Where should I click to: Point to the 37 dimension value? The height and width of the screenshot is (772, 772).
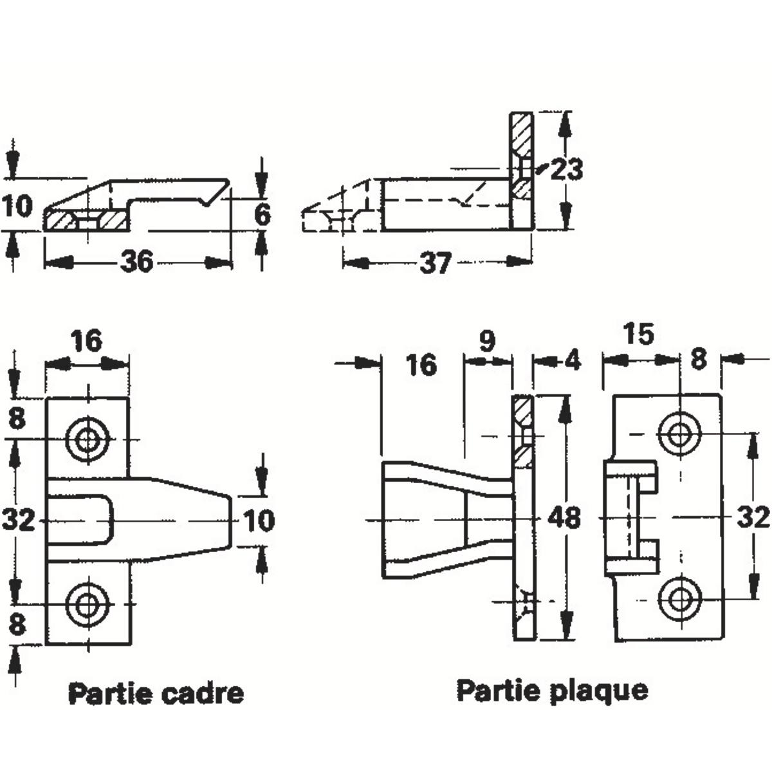point(435,262)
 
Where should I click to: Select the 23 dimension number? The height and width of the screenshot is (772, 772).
point(567,170)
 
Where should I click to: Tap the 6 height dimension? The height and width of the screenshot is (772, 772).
point(262,214)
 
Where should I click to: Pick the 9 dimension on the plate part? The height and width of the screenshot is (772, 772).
point(488,342)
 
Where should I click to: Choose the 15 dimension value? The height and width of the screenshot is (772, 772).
point(639,334)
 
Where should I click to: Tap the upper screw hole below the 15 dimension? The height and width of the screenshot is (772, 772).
point(677,435)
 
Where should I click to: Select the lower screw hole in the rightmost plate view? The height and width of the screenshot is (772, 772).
point(677,599)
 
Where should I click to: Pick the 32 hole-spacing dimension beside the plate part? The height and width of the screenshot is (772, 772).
point(753,517)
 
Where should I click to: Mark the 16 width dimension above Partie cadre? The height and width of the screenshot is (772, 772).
point(87,341)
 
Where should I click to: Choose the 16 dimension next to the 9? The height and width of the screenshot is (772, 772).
point(422,365)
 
